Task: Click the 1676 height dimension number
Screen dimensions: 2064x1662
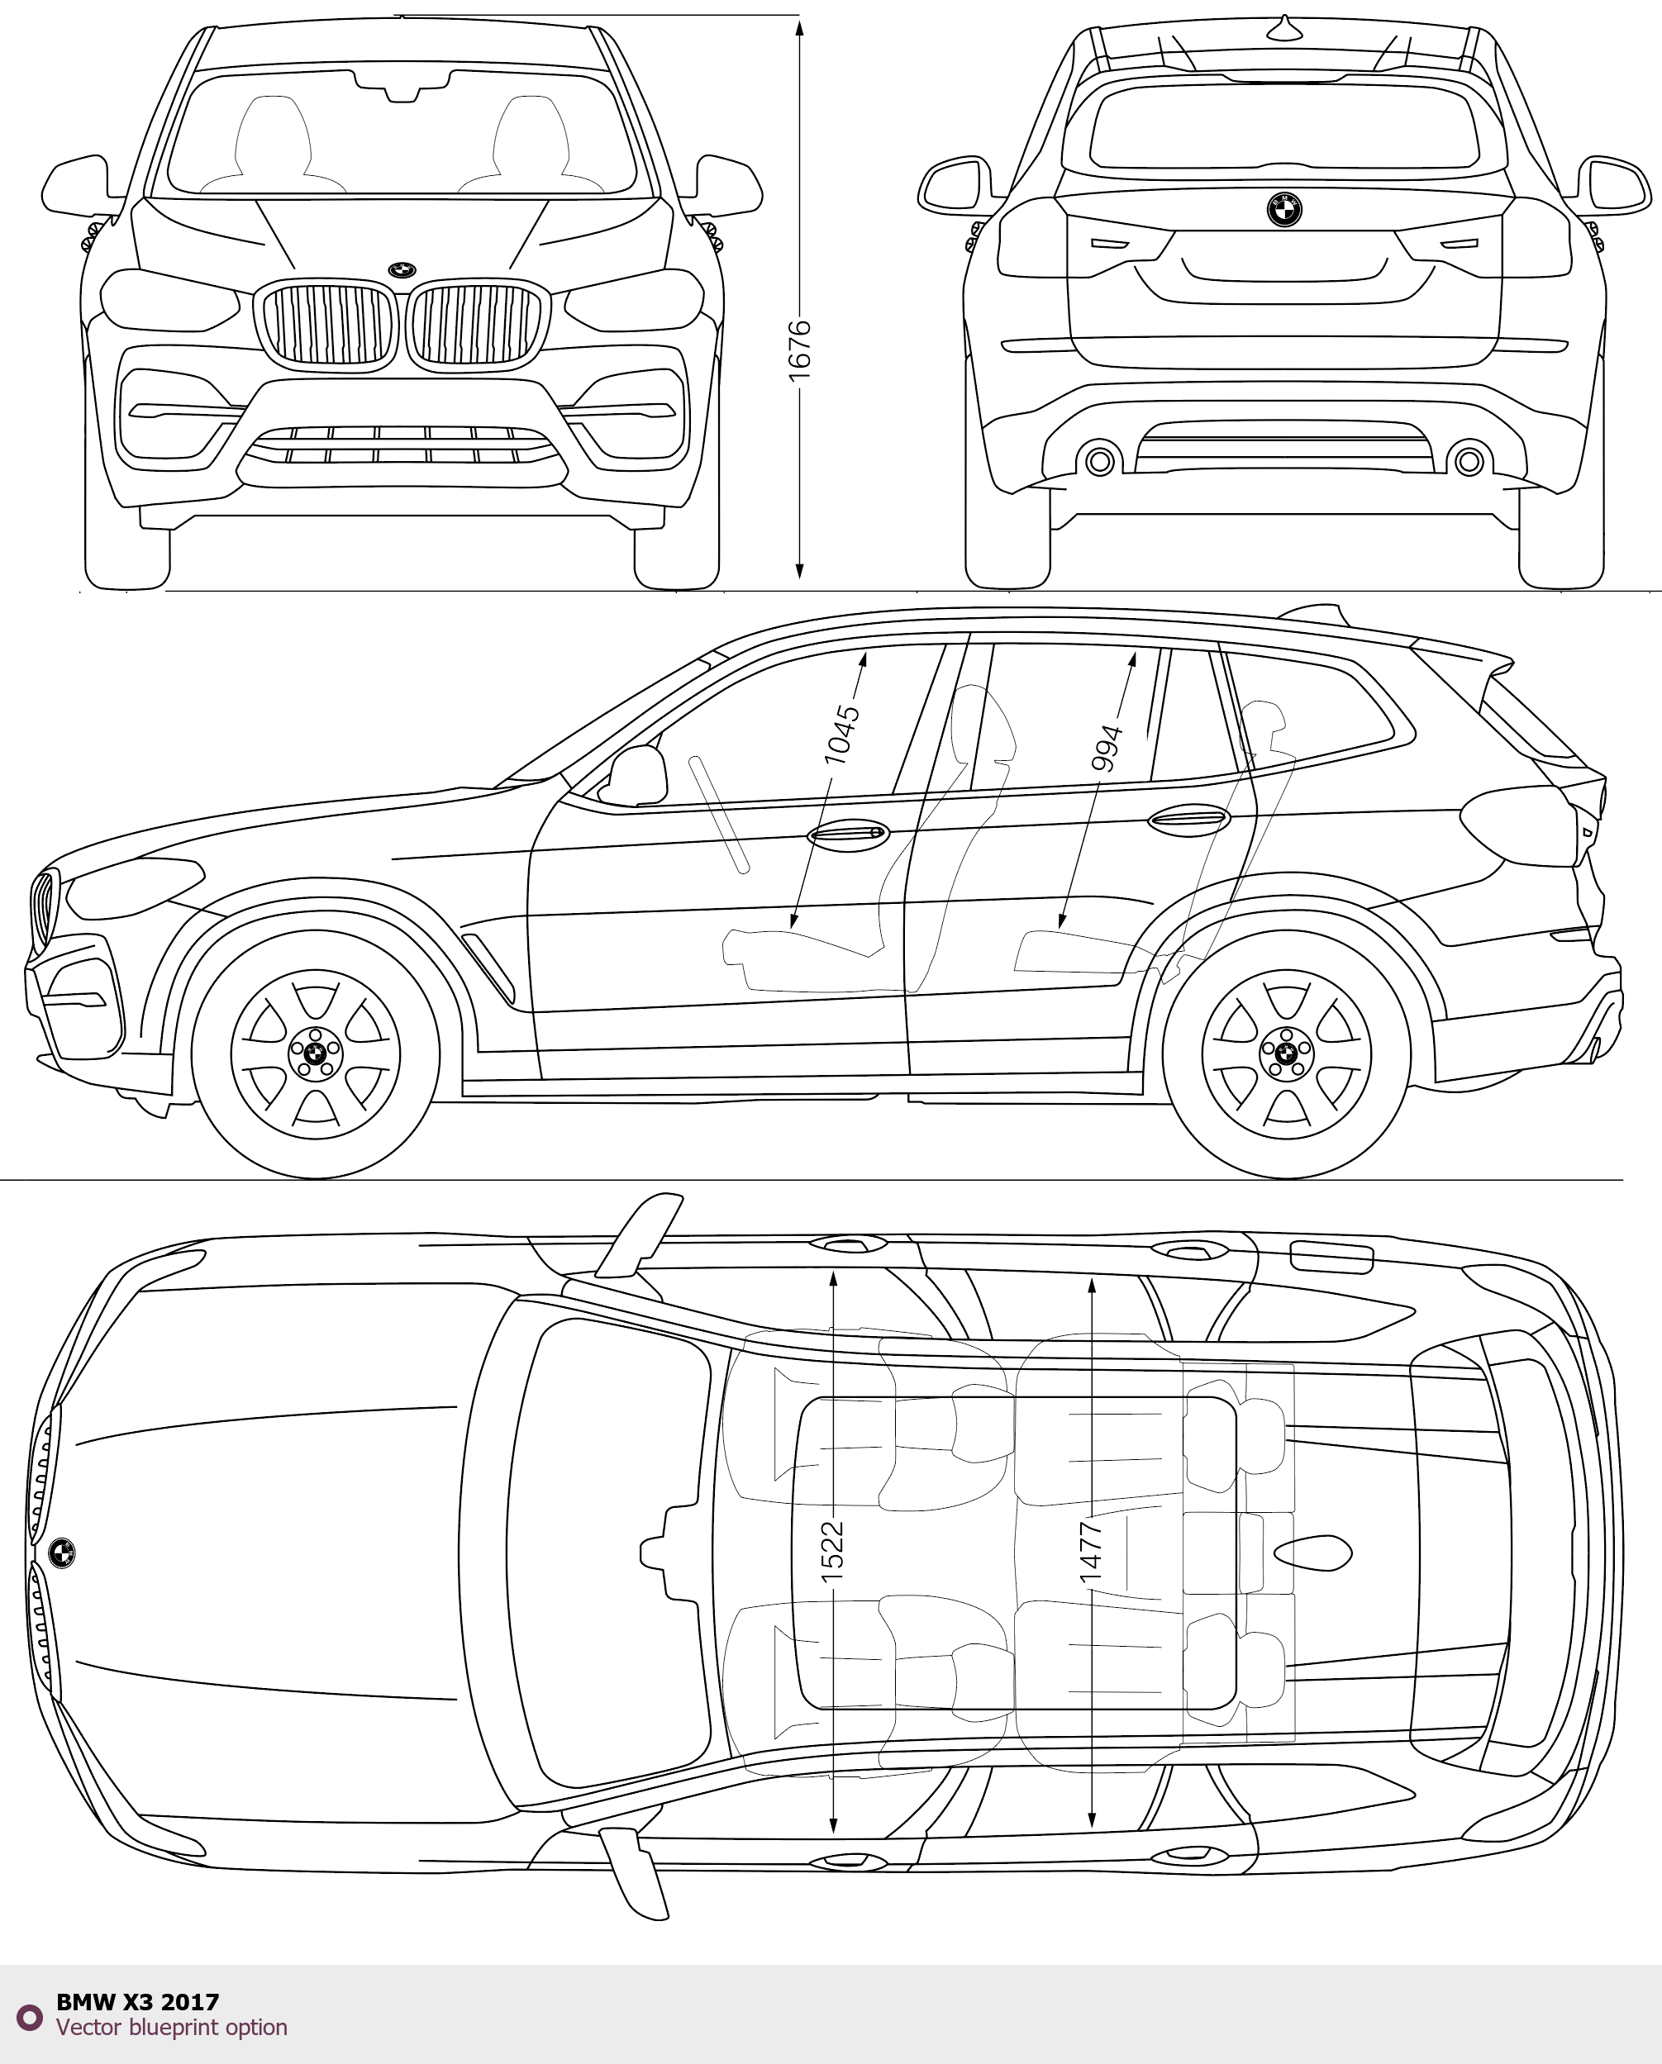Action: tap(799, 351)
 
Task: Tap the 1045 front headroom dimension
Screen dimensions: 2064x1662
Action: tap(842, 735)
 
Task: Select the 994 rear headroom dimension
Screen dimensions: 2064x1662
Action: tap(1107, 748)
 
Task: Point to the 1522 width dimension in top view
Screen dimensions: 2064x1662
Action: tap(833, 1550)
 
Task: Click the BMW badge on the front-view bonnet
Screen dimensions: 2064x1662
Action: tap(402, 270)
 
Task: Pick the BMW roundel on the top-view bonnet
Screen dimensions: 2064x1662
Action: tap(62, 1553)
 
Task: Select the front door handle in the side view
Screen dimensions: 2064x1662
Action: tap(848, 834)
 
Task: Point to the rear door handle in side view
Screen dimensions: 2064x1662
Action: tap(1188, 820)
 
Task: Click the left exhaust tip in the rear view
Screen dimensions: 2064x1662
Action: tap(1100, 461)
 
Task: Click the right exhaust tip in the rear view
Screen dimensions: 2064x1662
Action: tap(1469, 461)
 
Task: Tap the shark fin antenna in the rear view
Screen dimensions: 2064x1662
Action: tap(1286, 30)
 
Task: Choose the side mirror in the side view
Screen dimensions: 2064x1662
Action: tap(636, 775)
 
